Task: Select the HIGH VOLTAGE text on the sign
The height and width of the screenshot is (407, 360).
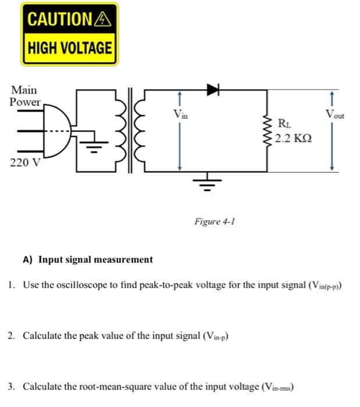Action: coord(69,48)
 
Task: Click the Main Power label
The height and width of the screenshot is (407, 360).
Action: coord(24,96)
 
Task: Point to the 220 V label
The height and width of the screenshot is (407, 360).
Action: coord(24,162)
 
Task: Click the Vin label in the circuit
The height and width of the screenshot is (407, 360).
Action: coord(181,115)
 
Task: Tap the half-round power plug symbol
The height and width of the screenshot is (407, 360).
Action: coord(59,131)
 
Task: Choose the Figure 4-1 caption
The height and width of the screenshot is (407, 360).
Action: coord(214,222)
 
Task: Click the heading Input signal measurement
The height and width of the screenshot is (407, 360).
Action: coord(95,260)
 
